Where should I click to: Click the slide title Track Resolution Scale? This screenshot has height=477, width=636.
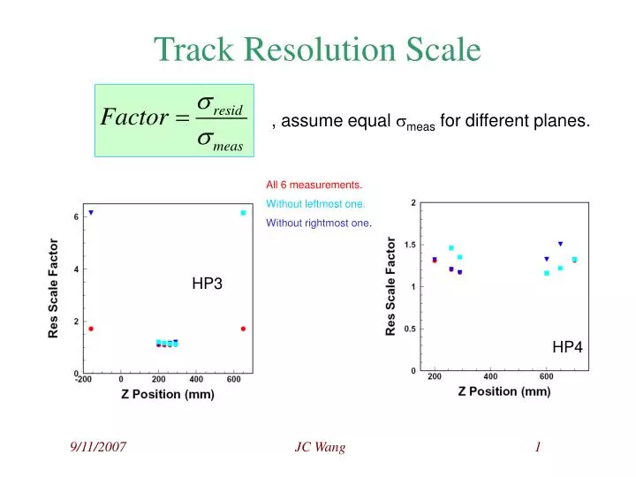(318, 49)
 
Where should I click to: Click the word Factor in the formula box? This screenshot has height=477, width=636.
(132, 118)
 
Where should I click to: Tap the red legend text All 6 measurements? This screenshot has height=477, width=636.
(314, 185)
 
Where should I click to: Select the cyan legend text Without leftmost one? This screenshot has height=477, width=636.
(315, 204)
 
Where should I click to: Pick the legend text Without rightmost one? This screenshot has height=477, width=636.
(319, 223)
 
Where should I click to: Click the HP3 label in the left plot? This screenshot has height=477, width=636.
(207, 284)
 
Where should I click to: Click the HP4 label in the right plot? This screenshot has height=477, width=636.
(567, 348)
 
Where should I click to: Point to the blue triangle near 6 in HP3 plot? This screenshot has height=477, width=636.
(90, 213)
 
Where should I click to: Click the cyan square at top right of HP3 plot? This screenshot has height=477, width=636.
(243, 213)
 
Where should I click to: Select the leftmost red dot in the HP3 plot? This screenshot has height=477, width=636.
(90, 329)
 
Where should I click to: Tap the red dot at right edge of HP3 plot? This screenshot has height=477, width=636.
(243, 329)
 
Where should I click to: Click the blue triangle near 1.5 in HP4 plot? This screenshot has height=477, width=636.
(560, 244)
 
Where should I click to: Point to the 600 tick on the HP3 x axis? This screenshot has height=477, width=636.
(234, 380)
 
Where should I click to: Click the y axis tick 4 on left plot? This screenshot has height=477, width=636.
(76, 269)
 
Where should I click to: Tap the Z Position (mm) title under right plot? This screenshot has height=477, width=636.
(503, 391)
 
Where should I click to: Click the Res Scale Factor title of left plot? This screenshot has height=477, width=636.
(54, 288)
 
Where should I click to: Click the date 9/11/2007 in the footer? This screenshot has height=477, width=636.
(98, 449)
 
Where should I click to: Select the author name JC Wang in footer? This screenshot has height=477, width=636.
(320, 449)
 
